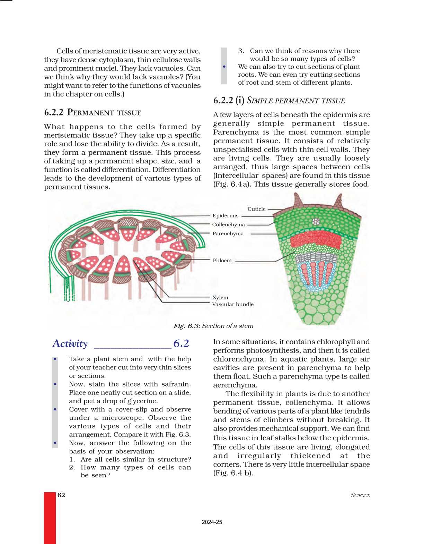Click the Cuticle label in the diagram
click(256, 209)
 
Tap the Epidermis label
click(225, 215)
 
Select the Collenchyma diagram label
click(228, 224)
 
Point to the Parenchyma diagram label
click(228, 233)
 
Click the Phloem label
click(222, 261)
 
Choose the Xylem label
click(220, 297)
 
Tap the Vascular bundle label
click(233, 304)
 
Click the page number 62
click(61, 495)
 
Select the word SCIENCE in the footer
click(360, 495)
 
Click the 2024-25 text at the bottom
click(212, 522)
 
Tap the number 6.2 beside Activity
click(181, 343)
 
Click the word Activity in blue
click(70, 343)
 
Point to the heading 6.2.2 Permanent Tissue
click(92, 112)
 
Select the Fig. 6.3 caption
click(213, 326)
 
